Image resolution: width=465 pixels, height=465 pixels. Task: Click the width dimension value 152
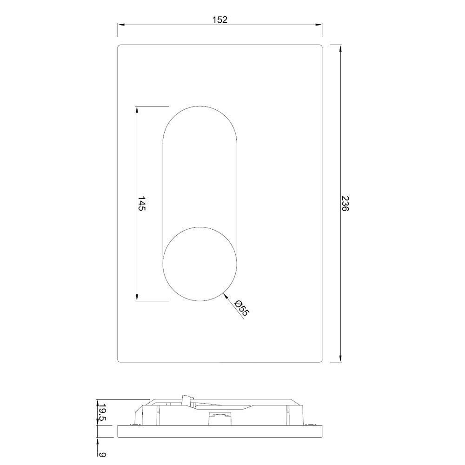coord(220,20)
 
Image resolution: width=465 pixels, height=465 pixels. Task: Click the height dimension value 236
coord(345,204)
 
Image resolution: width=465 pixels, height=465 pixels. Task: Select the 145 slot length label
coord(142,204)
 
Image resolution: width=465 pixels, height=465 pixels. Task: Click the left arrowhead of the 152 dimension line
coord(120,25)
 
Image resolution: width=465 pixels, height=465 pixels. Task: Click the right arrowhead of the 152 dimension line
coord(319,25)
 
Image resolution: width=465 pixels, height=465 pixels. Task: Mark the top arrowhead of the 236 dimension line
coord(341,47)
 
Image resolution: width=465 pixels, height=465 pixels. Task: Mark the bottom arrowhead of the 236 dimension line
coord(341,359)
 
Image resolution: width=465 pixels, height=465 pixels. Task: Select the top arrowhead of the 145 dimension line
coord(137,109)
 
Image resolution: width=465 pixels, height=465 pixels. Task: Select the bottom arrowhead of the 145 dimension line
coord(137,298)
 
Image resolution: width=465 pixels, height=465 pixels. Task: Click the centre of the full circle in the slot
coord(200,264)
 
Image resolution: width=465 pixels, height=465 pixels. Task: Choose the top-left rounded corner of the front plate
coord(120,46)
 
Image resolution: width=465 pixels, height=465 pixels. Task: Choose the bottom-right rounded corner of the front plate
coord(320,360)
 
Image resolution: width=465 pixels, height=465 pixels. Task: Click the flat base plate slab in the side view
coord(220,431)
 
